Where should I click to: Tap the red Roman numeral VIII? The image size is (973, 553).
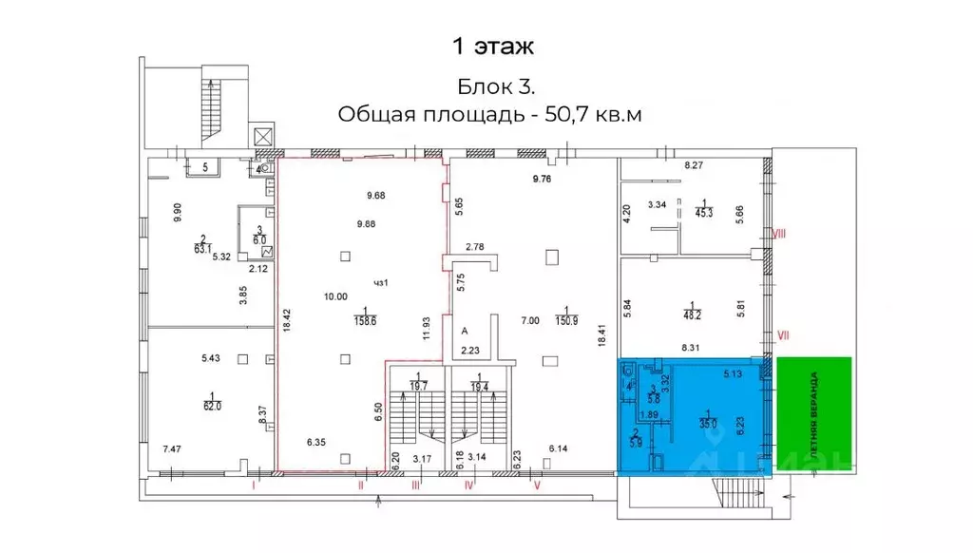780,233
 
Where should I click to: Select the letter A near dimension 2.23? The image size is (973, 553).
465,332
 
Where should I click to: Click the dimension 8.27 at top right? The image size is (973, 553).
696,165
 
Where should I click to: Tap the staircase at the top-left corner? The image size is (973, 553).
210,106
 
